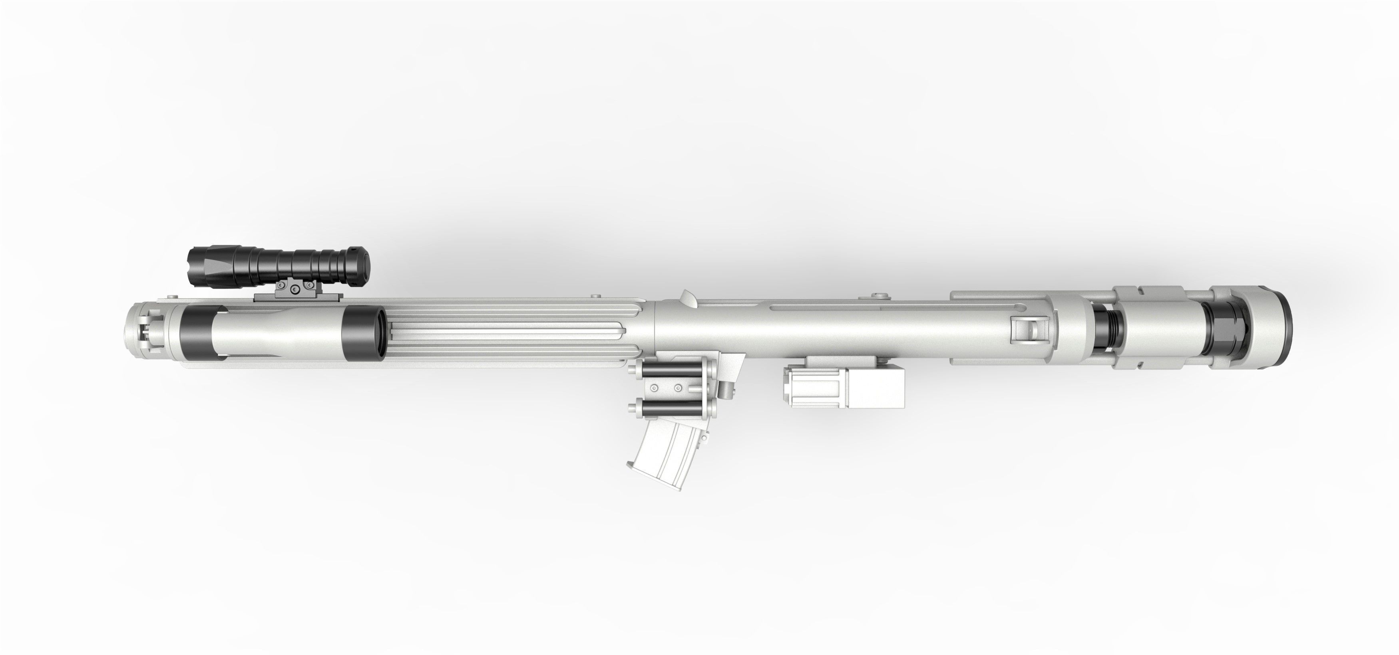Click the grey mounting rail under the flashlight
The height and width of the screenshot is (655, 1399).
coord(298,298)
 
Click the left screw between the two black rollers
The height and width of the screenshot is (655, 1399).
coord(653,388)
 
